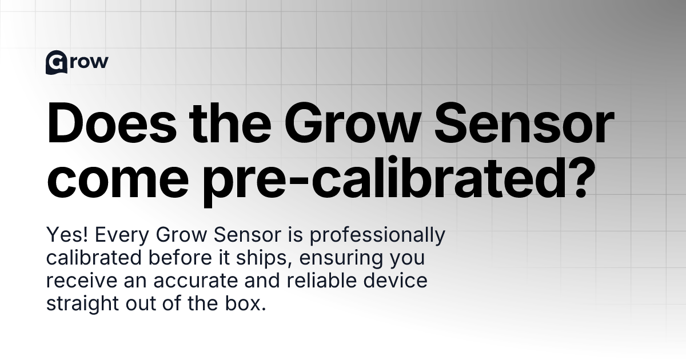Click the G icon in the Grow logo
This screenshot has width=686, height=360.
55,63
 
